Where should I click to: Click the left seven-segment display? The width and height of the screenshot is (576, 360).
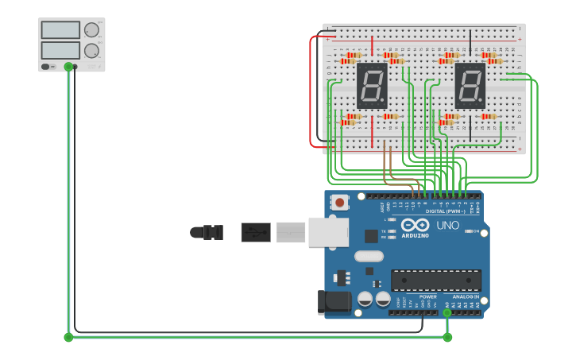pos(372,86)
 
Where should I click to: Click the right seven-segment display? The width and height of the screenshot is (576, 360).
pos(470,86)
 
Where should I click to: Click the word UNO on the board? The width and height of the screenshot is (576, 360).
pos(447,226)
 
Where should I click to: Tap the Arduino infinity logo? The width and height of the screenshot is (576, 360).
pos(415,225)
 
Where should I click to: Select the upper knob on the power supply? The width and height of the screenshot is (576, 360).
pos(91,30)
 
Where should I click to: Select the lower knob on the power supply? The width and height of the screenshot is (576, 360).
pos(91,50)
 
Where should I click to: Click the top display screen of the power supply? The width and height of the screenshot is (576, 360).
pos(60,30)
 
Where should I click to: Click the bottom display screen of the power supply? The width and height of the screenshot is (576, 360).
pos(60,50)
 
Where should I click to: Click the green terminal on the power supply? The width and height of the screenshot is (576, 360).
pos(68,67)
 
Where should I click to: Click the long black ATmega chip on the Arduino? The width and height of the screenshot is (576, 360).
pos(435,281)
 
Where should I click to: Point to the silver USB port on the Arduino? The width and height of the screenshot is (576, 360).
pos(328,232)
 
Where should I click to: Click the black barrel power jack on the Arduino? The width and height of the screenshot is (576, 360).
pos(334,301)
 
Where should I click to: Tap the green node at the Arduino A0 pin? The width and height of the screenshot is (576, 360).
pos(447,312)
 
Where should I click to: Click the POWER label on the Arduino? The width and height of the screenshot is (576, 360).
pos(427,296)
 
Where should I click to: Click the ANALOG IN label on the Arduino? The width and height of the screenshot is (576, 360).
pos(466,296)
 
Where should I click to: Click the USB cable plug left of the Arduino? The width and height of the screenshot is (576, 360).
pos(255,232)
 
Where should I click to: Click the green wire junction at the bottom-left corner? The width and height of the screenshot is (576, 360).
pos(68,337)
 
